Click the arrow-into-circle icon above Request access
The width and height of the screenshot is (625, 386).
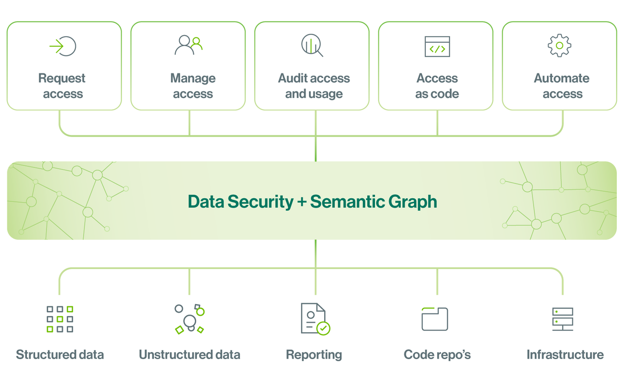pyautogui.click(x=63, y=46)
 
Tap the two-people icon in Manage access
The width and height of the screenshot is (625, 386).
pyautogui.click(x=189, y=45)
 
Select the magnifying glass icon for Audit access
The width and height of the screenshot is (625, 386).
pyautogui.click(x=312, y=46)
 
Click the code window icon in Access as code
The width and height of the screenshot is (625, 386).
pyautogui.click(x=437, y=47)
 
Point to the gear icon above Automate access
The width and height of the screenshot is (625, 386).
pyautogui.click(x=559, y=46)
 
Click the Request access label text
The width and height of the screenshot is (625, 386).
pyautogui.click(x=62, y=86)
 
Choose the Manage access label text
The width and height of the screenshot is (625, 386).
pyautogui.click(x=193, y=86)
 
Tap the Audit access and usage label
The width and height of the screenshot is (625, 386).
pyautogui.click(x=314, y=86)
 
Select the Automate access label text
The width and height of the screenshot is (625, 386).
pyautogui.click(x=562, y=86)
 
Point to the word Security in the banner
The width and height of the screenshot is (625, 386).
pyautogui.click(x=260, y=202)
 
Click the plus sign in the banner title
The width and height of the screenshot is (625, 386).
pyautogui.click(x=302, y=202)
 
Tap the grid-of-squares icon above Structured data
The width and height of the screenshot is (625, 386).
pyautogui.click(x=60, y=319)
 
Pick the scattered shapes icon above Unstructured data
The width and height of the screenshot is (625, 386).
pyautogui.click(x=190, y=319)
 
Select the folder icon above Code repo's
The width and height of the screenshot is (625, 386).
pyautogui.click(x=434, y=319)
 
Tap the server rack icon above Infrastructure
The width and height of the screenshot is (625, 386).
pyautogui.click(x=562, y=319)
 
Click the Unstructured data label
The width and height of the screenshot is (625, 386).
pyautogui.click(x=189, y=355)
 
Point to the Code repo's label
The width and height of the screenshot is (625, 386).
pyautogui.click(x=437, y=355)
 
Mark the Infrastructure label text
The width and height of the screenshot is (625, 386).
pyautogui.click(x=565, y=355)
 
